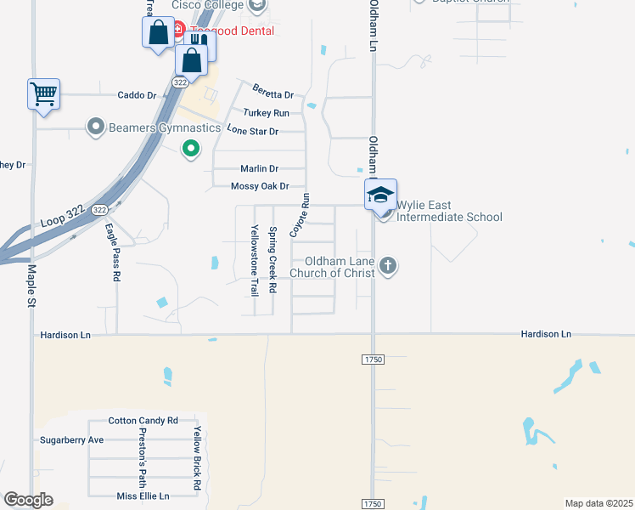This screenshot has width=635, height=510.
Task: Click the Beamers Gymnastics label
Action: (159, 128)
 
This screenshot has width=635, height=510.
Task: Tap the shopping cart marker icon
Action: (43, 93)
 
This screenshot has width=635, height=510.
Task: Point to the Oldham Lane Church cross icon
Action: (388, 266)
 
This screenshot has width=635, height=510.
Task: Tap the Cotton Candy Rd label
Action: (143, 421)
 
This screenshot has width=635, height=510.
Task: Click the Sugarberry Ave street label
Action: (71, 440)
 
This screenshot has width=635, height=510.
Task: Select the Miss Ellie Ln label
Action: (143, 496)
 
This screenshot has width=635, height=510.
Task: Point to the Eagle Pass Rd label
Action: (110, 252)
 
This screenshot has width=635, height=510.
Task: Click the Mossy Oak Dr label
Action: (261, 186)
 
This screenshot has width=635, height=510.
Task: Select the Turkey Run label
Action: (266, 113)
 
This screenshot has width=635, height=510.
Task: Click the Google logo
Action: (28, 500)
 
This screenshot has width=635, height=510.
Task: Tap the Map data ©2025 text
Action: (598, 503)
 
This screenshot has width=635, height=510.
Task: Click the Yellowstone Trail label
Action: (254, 260)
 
